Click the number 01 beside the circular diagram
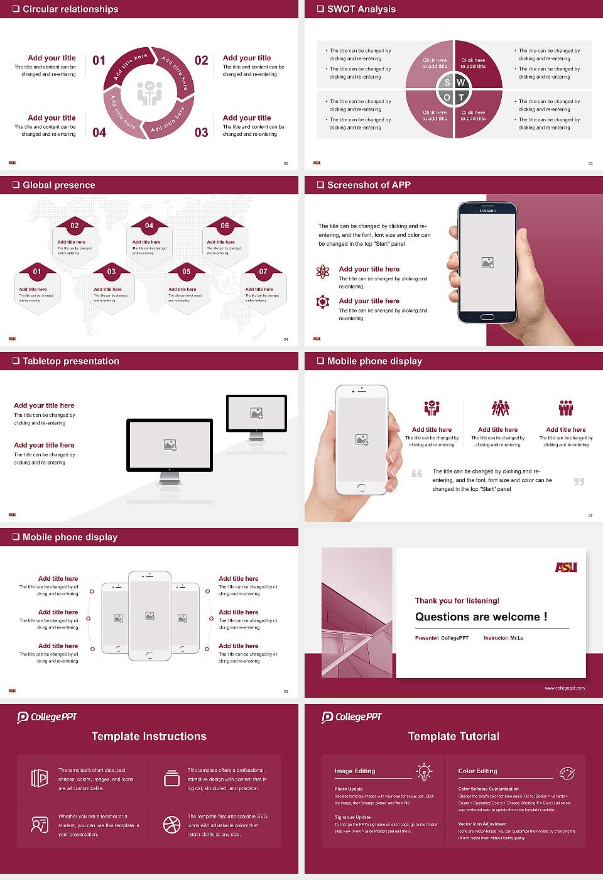99,60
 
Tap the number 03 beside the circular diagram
201,133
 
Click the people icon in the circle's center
149,93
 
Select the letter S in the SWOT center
447,82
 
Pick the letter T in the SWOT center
462,97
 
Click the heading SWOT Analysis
361,9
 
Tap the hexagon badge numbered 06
225,226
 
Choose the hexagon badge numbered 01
37,272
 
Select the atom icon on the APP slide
323,272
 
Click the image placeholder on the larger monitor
170,445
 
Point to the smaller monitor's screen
256,413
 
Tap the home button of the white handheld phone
361,487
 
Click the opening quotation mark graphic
417,473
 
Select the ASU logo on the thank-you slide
566,567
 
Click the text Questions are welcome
481,617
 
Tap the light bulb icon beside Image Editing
425,771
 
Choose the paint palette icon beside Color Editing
567,773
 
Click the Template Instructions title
149,736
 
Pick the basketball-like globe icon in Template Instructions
171,825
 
